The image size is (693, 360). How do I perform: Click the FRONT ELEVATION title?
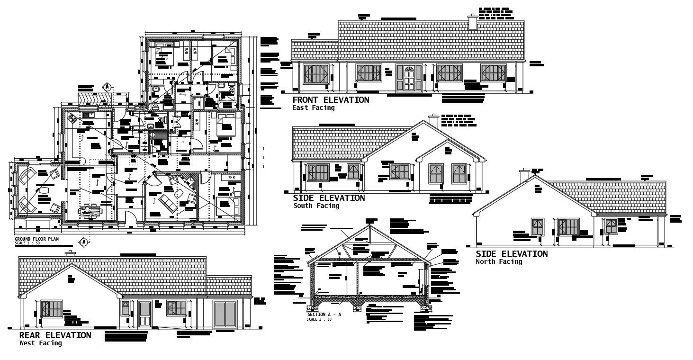pos(331,100)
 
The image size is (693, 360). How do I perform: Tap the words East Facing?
pos(313,108)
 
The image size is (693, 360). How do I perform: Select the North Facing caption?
pos(499,261)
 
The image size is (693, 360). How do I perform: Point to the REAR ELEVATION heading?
pos(55,335)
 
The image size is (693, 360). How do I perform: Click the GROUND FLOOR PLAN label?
pos(37,239)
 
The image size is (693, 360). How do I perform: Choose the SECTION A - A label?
pos(324,315)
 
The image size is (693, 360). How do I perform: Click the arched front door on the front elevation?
pos(409,78)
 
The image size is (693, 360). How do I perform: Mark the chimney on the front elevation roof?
pos(472,22)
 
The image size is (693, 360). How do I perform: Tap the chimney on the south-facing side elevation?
pos(433,120)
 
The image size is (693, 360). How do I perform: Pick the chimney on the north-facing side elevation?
pos(524,176)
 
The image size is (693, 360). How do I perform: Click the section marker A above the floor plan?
pos(108,87)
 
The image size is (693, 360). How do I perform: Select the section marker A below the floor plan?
pos(83,242)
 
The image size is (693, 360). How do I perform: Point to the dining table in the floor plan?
pos(90,209)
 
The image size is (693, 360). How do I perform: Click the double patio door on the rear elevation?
pos(225,313)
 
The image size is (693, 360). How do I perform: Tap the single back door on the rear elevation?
pos(145,314)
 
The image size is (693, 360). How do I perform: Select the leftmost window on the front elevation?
pos(315,74)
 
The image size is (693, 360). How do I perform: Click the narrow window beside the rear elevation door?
pos(126,308)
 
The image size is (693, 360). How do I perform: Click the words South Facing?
pos(316,206)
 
